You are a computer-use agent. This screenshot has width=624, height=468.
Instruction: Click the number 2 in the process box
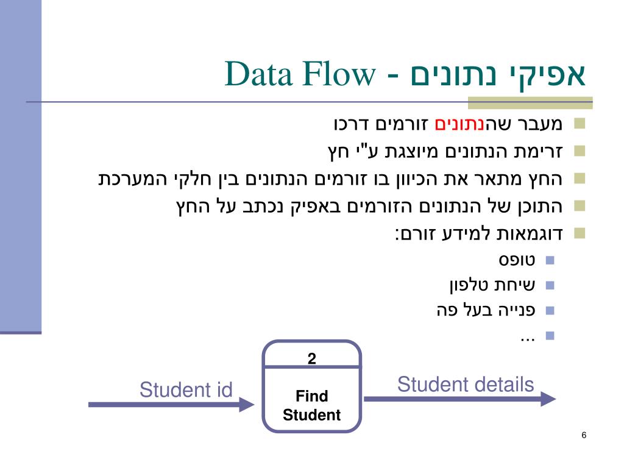[311, 359]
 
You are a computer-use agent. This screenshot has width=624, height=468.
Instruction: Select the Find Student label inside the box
[311, 406]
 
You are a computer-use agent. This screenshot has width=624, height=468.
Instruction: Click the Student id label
[186, 389]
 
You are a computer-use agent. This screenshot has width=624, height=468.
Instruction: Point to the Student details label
[466, 385]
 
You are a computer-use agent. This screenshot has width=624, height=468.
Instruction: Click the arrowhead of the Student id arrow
[247, 404]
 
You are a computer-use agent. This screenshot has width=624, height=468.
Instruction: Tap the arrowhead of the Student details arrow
[548, 399]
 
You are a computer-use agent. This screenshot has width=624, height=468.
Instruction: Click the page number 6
[584, 435]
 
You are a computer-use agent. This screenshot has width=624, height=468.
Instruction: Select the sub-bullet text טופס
[517, 260]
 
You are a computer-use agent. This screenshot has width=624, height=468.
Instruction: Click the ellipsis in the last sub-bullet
[527, 336]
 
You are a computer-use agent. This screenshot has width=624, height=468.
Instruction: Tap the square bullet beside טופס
[550, 260]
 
